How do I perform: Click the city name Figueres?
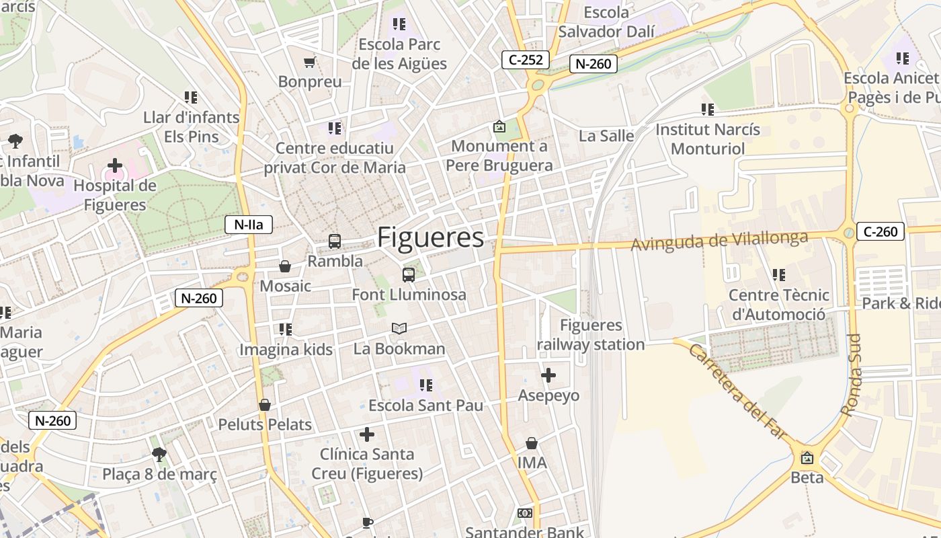point(430,238)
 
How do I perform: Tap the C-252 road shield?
point(526,60)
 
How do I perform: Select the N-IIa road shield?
point(248,225)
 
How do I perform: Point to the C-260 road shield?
point(880,232)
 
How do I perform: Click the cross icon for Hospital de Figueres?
point(115,165)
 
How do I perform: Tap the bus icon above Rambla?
point(334,241)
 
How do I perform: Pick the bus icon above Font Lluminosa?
point(408,274)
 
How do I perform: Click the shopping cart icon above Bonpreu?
point(310,63)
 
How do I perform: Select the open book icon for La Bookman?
point(399,328)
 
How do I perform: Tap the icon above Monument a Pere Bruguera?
point(499,126)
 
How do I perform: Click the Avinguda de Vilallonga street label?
point(719,240)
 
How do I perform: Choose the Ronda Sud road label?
point(853,375)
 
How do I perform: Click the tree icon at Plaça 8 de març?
point(159,455)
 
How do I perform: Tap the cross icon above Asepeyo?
point(548,375)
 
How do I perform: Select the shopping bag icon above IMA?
point(532,443)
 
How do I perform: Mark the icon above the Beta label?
point(807,458)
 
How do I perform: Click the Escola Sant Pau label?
point(425,406)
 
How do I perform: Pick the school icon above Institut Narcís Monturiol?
point(707,109)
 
